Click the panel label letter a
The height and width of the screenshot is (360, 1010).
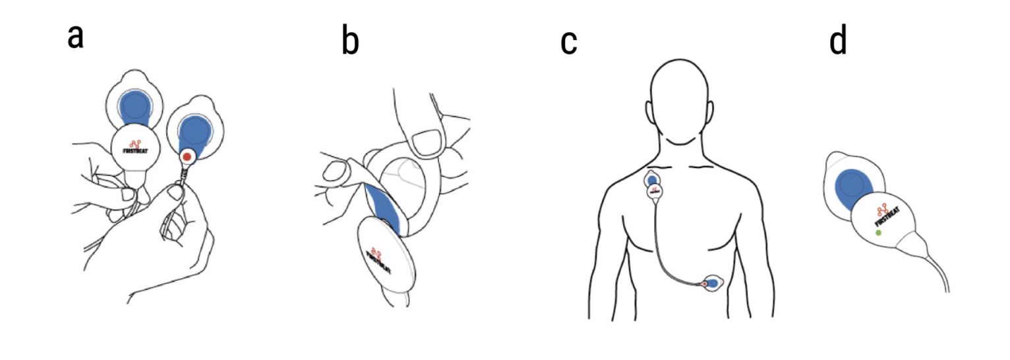click(x=76, y=38)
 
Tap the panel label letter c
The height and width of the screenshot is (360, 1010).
click(x=569, y=43)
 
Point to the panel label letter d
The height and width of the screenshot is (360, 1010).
click(x=838, y=42)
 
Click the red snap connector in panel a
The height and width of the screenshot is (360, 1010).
click(x=189, y=157)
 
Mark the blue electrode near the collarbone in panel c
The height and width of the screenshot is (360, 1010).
click(x=652, y=179)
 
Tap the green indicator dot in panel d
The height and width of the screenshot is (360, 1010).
click(x=877, y=233)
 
